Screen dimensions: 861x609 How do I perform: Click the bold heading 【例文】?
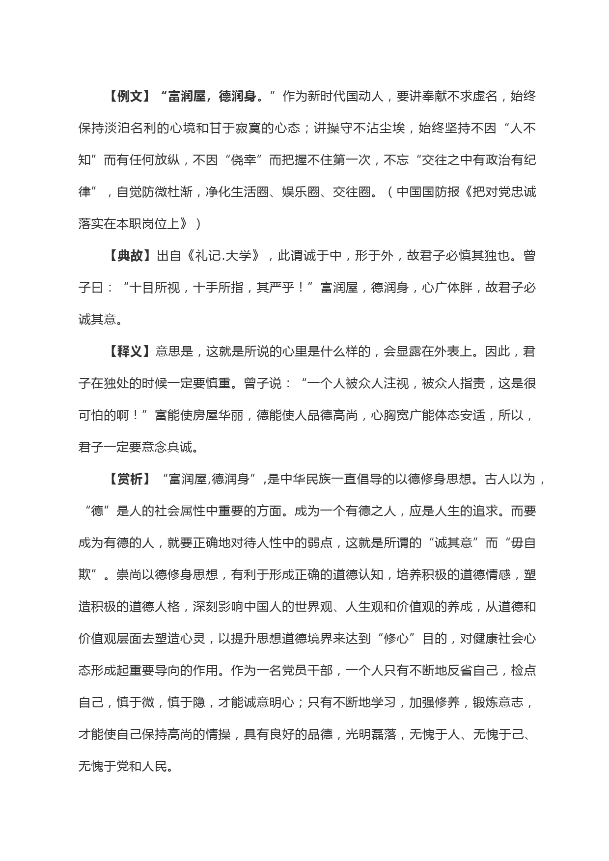tap(129, 96)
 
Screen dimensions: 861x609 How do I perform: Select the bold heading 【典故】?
tap(129, 256)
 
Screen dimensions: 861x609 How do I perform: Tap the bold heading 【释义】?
tap(129, 351)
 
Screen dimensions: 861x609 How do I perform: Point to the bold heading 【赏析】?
tap(129, 479)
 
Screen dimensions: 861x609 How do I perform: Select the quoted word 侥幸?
tap(244, 160)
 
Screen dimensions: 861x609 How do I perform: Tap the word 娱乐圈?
tap(301, 192)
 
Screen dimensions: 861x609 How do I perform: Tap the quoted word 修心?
tap(403, 639)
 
